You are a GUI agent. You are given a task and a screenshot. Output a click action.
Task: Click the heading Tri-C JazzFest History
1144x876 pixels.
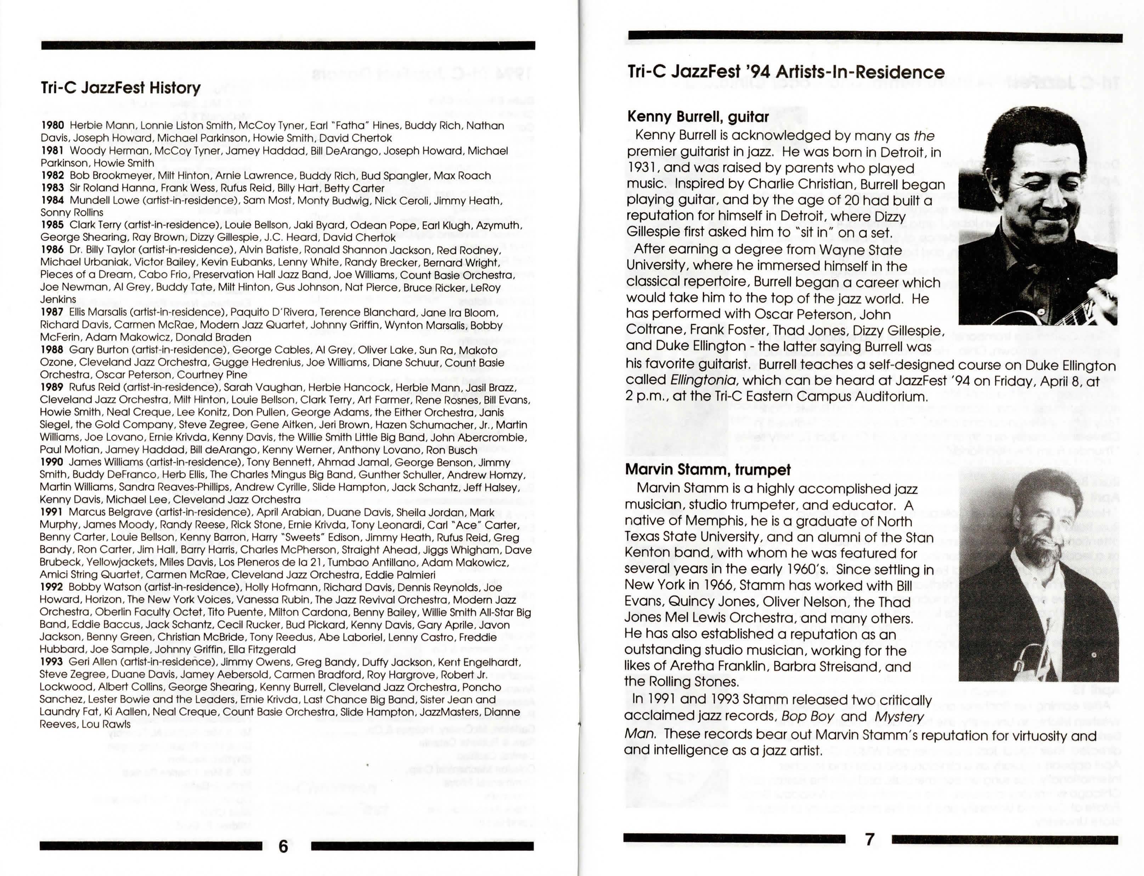point(120,88)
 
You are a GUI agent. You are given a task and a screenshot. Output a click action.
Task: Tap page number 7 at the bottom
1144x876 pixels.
point(869,839)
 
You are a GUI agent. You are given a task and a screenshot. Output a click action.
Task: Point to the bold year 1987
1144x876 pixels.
point(52,312)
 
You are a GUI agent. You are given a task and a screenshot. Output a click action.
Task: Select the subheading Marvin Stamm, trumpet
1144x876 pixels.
point(708,470)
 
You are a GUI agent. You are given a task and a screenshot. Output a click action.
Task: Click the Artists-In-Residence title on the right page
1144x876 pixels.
point(785,72)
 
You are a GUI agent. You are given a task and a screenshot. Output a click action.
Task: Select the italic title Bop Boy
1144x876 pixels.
point(808,716)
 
